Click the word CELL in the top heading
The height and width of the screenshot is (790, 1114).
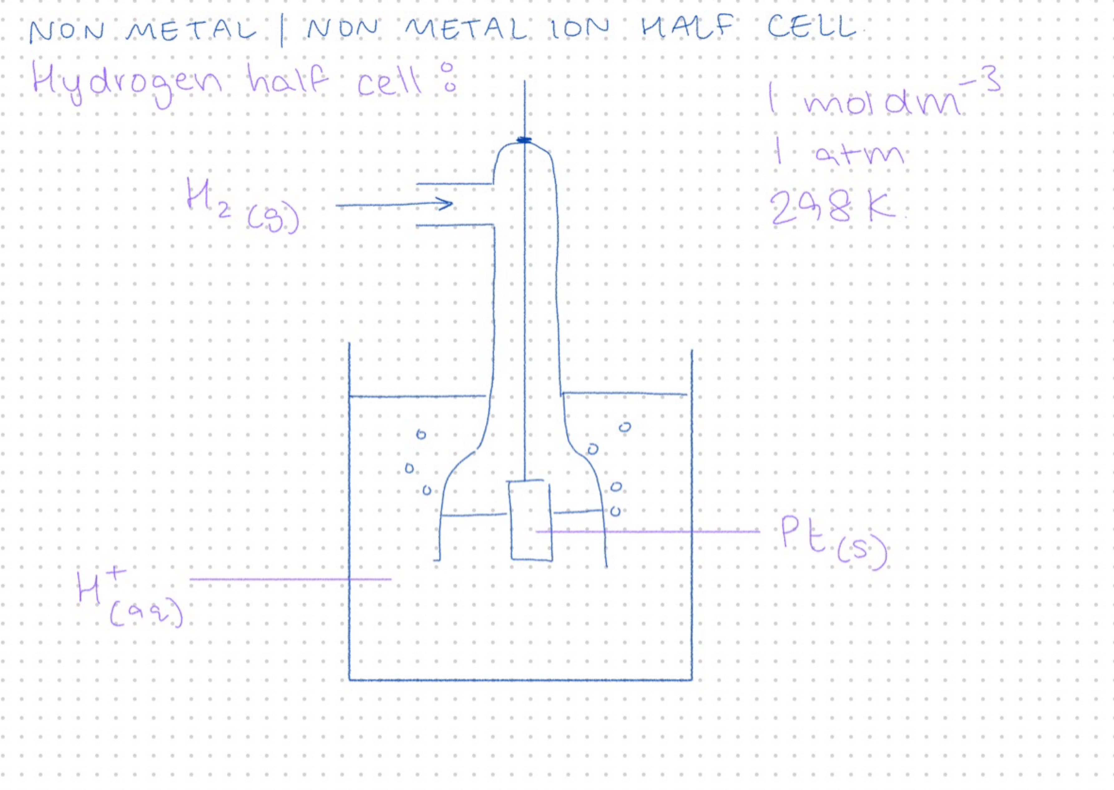(x=811, y=27)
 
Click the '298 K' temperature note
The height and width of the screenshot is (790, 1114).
(x=832, y=207)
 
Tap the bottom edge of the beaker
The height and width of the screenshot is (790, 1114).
(x=520, y=680)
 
